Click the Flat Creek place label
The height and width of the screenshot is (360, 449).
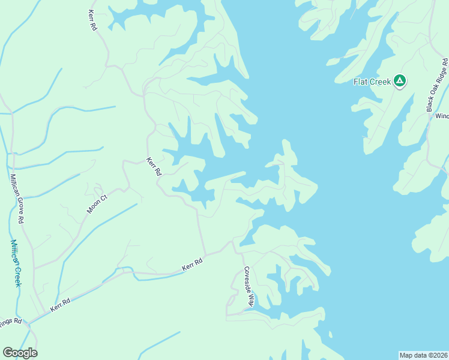(x=372, y=82)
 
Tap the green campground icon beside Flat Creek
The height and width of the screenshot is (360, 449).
(x=400, y=81)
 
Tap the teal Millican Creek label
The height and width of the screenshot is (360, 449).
(x=16, y=263)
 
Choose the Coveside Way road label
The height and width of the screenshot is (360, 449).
(x=249, y=287)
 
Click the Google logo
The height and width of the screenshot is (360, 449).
(x=20, y=353)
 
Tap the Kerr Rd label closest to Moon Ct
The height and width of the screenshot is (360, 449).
(x=154, y=166)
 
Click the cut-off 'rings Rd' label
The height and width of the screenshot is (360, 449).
(x=11, y=321)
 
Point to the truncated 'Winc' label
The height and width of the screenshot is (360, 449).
(x=442, y=116)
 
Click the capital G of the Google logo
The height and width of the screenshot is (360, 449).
(x=8, y=353)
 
